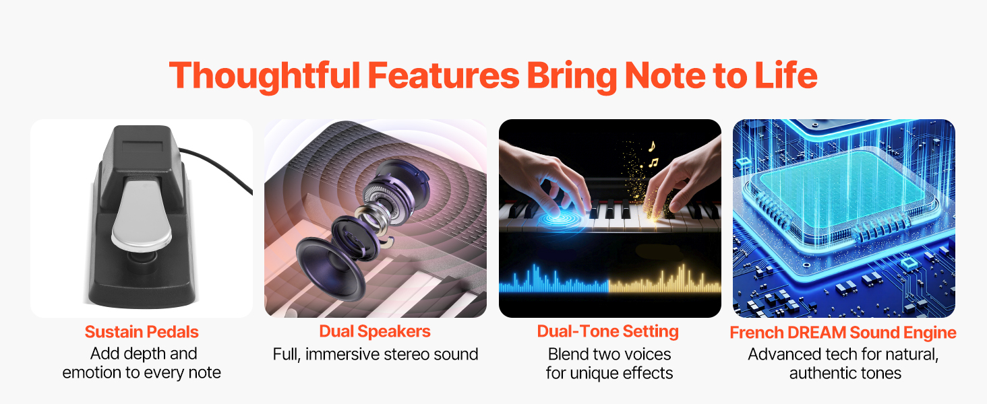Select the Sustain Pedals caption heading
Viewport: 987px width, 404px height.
click(x=142, y=332)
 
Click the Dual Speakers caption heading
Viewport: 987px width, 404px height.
click(x=375, y=332)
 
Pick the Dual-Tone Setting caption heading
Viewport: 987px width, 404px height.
click(x=607, y=332)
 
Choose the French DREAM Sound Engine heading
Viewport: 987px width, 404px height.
click(x=843, y=333)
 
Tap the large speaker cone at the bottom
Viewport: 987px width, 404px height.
click(x=330, y=269)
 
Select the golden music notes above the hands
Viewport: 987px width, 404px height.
click(x=652, y=154)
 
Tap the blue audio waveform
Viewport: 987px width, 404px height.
click(x=554, y=280)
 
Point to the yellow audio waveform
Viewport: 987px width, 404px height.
click(x=665, y=280)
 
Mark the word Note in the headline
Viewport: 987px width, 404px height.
click(x=665, y=75)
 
